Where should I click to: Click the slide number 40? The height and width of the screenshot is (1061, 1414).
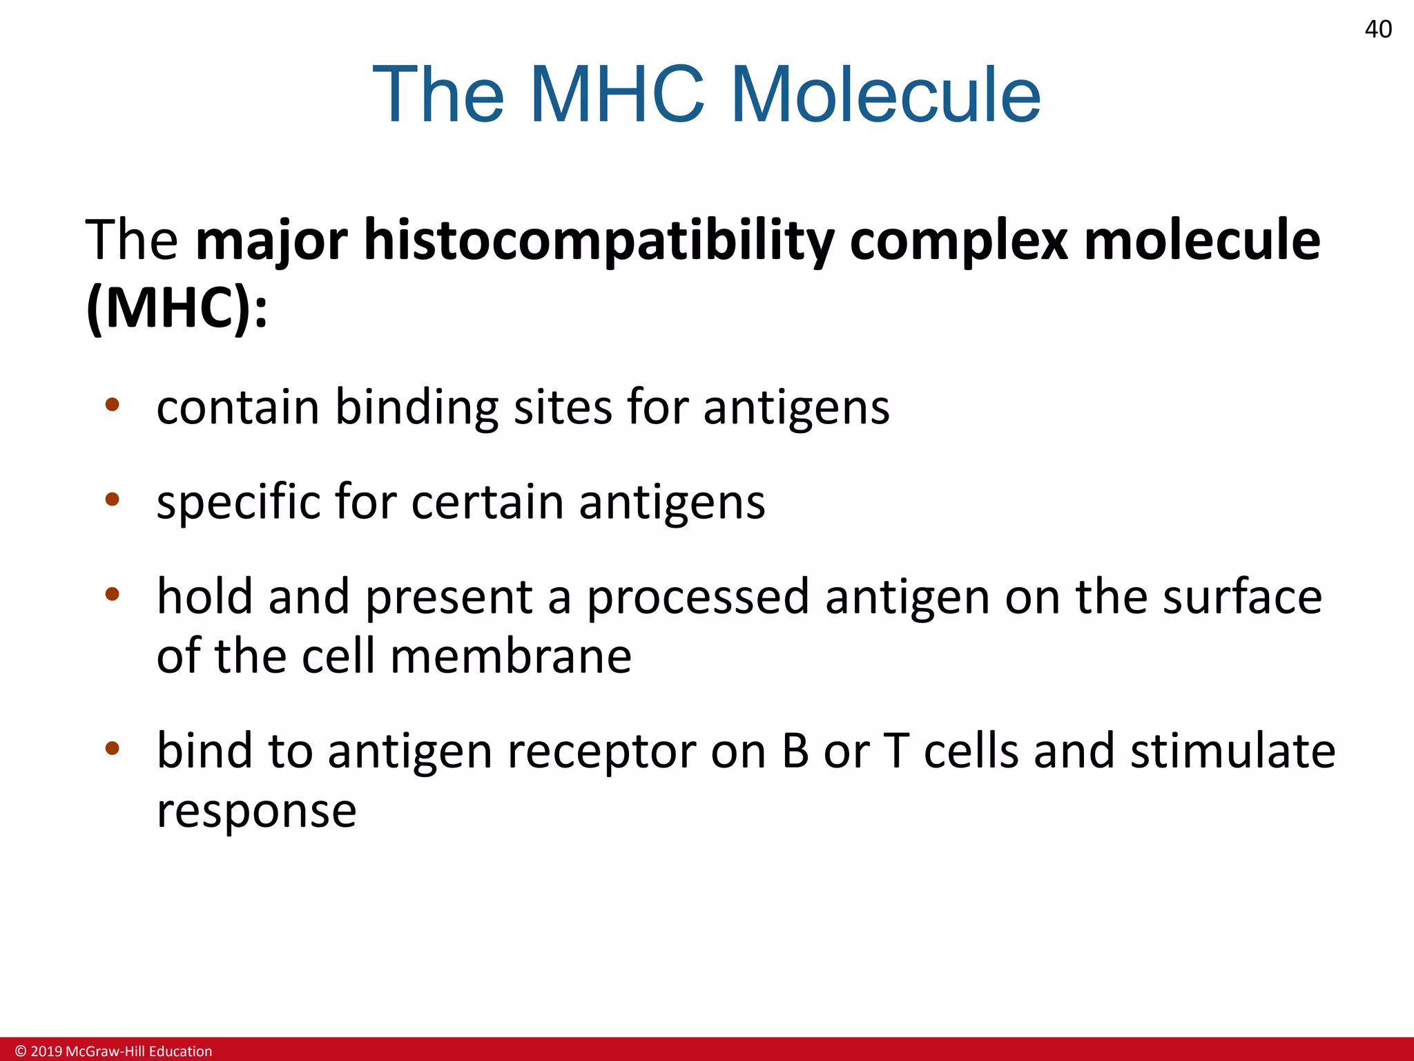coord(1378,30)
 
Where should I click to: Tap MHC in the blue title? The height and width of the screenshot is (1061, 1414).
coord(617,95)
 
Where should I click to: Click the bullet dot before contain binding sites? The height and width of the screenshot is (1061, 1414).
coord(113,405)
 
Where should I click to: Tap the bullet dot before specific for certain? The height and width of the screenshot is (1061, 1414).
coord(113,499)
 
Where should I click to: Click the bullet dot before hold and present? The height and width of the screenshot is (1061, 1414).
coord(113,594)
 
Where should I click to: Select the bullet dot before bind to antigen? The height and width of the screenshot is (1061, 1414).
coord(113,748)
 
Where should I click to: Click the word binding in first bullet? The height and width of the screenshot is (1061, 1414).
coord(416,408)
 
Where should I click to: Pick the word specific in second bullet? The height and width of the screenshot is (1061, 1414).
coord(238,502)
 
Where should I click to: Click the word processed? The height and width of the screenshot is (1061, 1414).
coord(697,598)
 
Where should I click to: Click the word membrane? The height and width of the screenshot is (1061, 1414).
coord(511,656)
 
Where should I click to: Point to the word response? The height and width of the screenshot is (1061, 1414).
coord(256,812)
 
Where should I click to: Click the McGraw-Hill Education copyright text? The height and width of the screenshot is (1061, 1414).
coord(114,1051)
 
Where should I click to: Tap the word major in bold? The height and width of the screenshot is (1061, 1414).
coord(271,240)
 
